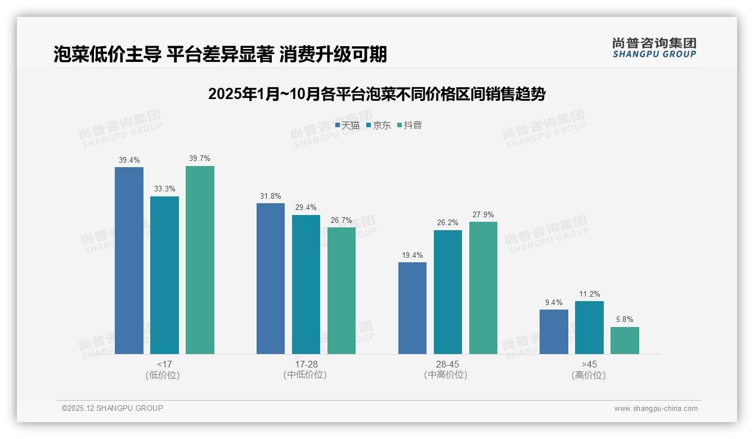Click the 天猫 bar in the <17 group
pyautogui.click(x=129, y=261)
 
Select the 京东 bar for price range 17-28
pyautogui.click(x=306, y=284)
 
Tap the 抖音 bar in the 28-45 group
pyautogui.click(x=483, y=288)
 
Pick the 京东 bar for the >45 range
pyautogui.click(x=589, y=328)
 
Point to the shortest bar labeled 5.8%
pyautogui.click(x=625, y=341)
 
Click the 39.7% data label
pyautogui.click(x=200, y=158)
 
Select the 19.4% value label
pyautogui.click(x=412, y=255)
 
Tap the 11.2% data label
pyautogui.click(x=589, y=294)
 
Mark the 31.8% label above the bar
pyautogui.click(x=271, y=196)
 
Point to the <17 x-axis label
pyautogui.click(x=165, y=364)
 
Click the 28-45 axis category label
pyautogui.click(x=448, y=364)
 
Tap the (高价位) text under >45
pyautogui.click(x=589, y=375)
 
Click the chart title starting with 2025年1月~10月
pyautogui.click(x=376, y=94)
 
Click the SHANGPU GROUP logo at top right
pyautogui.click(x=654, y=48)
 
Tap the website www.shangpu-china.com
pyautogui.click(x=656, y=409)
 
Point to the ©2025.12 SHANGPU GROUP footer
pyautogui.click(x=113, y=408)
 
